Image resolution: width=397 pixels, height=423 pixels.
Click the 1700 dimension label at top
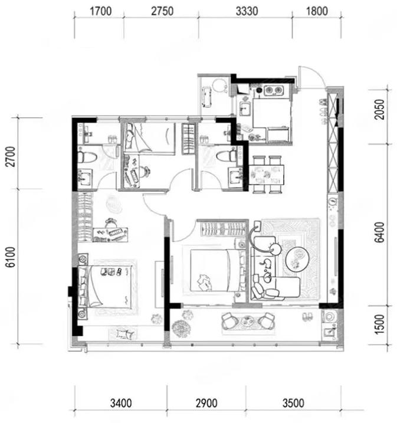click(x=100, y=11)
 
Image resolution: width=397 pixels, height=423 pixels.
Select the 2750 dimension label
click(x=162, y=11)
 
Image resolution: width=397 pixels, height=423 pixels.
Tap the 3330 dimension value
click(x=247, y=11)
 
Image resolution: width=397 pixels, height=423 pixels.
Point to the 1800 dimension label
click(x=317, y=11)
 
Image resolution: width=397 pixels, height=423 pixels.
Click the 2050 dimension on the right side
click(x=379, y=109)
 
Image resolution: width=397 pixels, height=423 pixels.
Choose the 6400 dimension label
click(x=379, y=232)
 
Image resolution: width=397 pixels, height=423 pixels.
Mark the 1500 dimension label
click(x=379, y=324)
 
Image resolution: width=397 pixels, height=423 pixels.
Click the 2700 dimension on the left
click(x=11, y=156)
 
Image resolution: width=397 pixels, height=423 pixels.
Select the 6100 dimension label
click(x=11, y=257)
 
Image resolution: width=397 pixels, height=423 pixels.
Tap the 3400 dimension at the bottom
click(x=121, y=404)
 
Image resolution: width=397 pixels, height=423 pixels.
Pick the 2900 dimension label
click(x=206, y=404)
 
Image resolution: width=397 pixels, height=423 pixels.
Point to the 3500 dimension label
click(x=293, y=404)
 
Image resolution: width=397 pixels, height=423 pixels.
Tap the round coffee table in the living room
click(x=297, y=259)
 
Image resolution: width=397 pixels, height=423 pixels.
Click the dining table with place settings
click(x=266, y=175)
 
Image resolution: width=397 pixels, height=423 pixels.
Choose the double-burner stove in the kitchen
click(x=274, y=90)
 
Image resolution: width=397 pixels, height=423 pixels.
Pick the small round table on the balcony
click(x=247, y=321)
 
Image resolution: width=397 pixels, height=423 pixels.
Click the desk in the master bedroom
click(x=110, y=235)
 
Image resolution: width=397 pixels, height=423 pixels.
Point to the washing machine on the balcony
click(x=330, y=316)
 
